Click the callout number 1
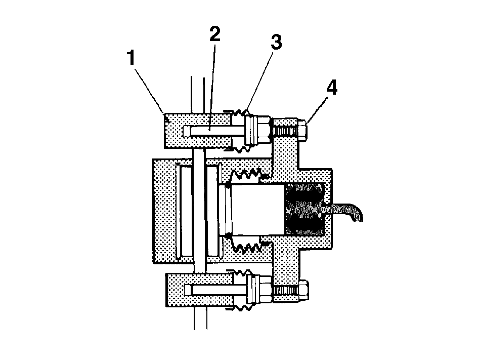tap(132, 58)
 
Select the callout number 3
tap(277, 42)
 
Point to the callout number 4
tap(332, 88)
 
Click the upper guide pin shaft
tap(214, 132)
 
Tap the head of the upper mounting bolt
tap(302, 130)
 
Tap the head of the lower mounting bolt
tap(304, 290)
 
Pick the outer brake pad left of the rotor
tap(186, 211)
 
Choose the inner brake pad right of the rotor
tap(212, 211)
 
